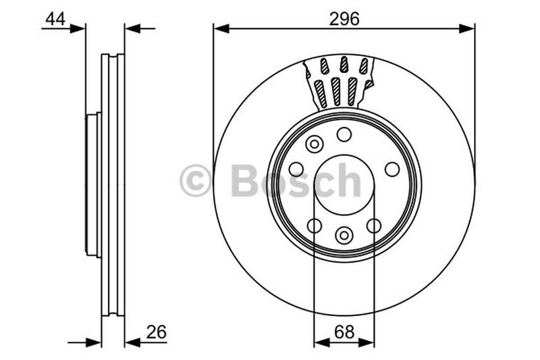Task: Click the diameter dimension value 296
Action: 344,19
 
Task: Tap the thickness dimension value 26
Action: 155,332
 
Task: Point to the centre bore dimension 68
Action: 344,332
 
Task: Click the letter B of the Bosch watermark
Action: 244,181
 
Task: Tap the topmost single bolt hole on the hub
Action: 344,134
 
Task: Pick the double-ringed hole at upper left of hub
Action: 314,144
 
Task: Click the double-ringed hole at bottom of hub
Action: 344,235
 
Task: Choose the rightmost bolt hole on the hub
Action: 392,169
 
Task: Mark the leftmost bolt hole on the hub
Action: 296,169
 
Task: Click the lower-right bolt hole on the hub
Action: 373,226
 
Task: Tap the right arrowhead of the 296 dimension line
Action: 467,28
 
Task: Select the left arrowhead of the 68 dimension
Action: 321,342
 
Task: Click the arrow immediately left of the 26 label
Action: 133,342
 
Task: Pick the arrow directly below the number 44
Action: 78,28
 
